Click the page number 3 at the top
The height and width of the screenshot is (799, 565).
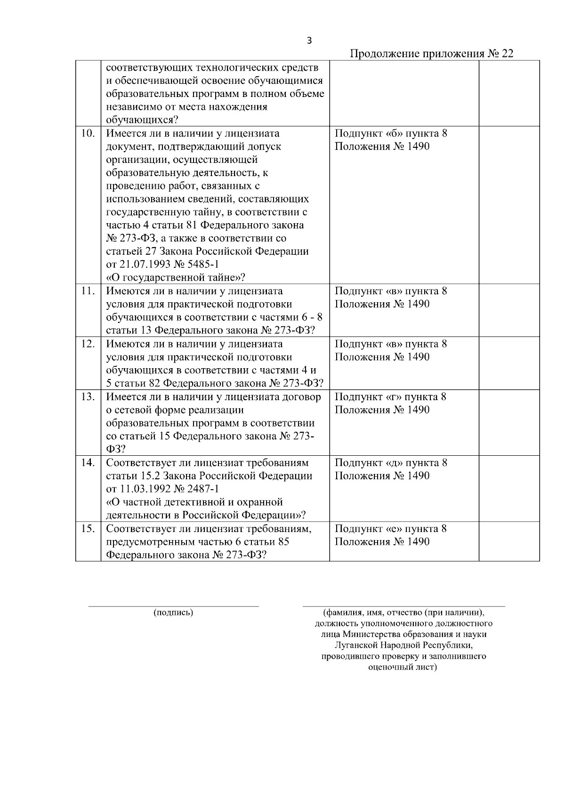pyautogui.click(x=309, y=40)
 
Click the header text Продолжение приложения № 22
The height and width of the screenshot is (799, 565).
pyautogui.click(x=432, y=54)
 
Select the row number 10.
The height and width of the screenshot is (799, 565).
pyautogui.click(x=88, y=133)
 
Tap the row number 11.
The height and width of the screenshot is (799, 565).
pyautogui.click(x=88, y=291)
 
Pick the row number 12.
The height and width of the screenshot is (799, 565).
pyautogui.click(x=88, y=344)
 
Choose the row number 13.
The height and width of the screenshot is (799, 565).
pyautogui.click(x=88, y=396)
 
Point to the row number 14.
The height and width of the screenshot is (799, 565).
pyautogui.click(x=88, y=462)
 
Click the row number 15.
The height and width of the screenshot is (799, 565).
pyautogui.click(x=88, y=528)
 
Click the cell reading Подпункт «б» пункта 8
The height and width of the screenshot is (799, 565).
pyautogui.click(x=391, y=133)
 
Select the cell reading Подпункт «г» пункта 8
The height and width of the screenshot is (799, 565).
pyautogui.click(x=390, y=396)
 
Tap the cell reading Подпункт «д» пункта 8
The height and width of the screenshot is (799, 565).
pyautogui.click(x=391, y=462)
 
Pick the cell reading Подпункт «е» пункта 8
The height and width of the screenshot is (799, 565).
pyautogui.click(x=390, y=528)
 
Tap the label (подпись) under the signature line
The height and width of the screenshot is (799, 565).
pyautogui.click(x=173, y=613)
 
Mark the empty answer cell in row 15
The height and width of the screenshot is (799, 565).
pyautogui.click(x=509, y=541)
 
